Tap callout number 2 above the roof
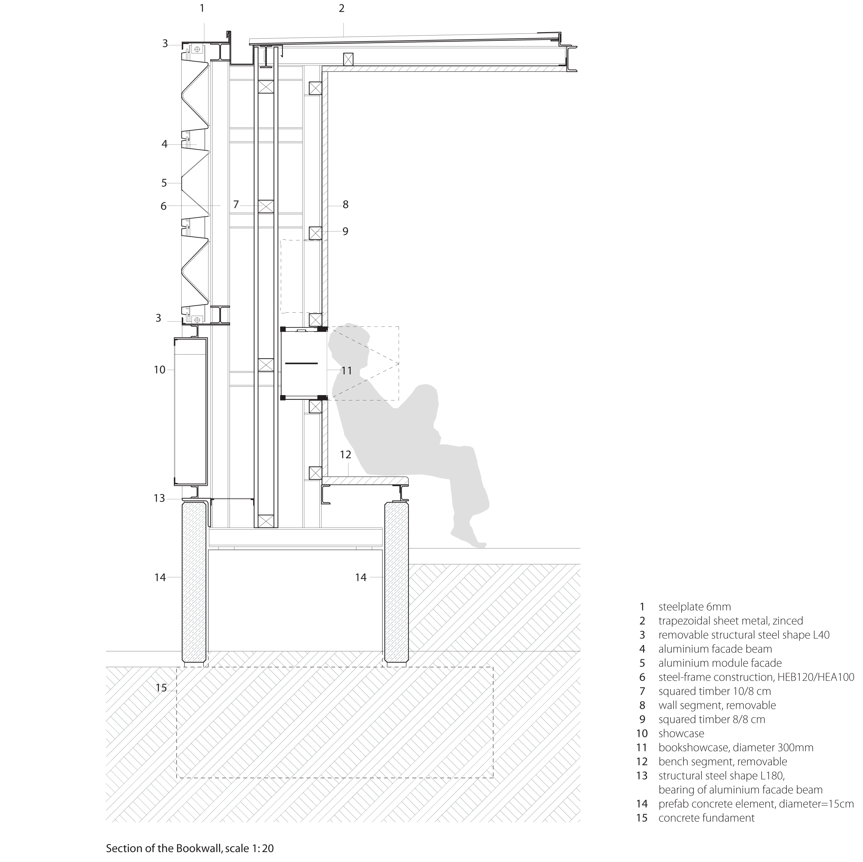click(342, 8)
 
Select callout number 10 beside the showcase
click(160, 370)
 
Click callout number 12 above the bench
click(345, 455)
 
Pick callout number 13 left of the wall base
click(160, 498)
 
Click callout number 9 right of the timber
click(345, 231)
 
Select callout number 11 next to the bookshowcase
click(346, 370)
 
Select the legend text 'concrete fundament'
click(706, 818)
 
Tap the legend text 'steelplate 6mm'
click(695, 607)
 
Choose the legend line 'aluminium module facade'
click(720, 663)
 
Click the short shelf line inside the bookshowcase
click(301, 363)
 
